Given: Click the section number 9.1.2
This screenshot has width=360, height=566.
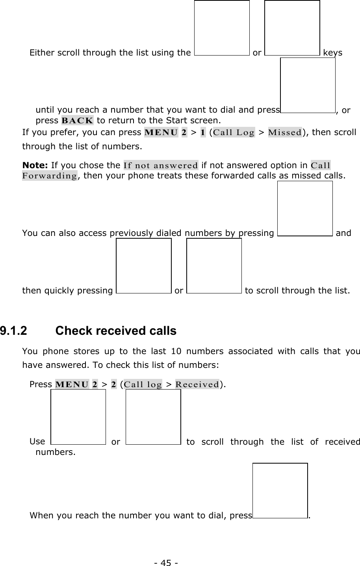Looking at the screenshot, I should (14, 331).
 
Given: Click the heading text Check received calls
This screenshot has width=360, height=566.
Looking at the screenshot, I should (116, 331).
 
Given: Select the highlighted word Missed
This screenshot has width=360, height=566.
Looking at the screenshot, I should (285, 132).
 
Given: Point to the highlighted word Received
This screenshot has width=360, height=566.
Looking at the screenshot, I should (197, 384).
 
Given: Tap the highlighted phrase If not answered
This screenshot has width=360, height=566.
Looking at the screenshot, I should (161, 165).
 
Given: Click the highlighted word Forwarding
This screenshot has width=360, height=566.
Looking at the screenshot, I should (49, 175).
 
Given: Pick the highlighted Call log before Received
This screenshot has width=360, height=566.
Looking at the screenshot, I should (143, 384).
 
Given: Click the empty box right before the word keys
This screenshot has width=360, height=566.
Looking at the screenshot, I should (292, 28).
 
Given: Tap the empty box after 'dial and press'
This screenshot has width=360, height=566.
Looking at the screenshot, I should (308, 85).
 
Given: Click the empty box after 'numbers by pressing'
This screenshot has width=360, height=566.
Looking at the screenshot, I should (305, 208).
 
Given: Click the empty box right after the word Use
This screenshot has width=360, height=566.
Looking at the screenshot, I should (78, 417).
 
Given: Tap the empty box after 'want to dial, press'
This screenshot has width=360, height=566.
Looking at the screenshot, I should (280, 490).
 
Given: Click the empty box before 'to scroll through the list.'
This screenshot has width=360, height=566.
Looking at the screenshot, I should (214, 266).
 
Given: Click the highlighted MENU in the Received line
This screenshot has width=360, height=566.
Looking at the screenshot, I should (72, 384).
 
